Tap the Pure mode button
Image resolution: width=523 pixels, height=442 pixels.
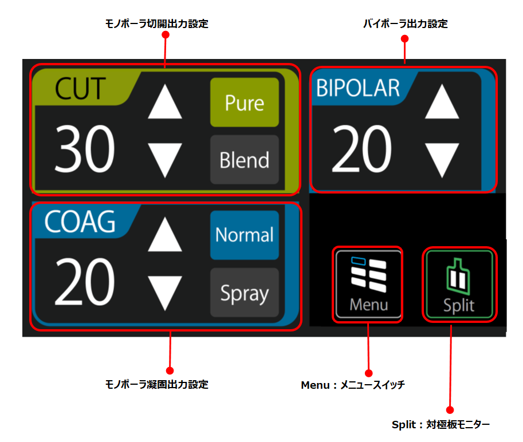(x=245, y=102)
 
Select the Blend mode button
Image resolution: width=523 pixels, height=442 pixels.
(x=245, y=160)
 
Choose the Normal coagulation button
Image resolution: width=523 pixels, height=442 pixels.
(x=245, y=235)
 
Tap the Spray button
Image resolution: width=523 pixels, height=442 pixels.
(x=245, y=293)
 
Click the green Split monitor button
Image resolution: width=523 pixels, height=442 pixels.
(x=459, y=285)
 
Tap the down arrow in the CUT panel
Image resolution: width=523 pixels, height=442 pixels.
(x=165, y=160)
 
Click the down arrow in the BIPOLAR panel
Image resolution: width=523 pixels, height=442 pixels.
(x=442, y=160)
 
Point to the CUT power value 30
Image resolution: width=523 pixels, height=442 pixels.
(x=85, y=150)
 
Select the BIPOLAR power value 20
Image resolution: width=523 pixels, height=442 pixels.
(x=361, y=150)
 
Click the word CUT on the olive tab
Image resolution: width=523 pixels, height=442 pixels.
(x=80, y=89)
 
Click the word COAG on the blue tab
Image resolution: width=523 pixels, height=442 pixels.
(x=80, y=222)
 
